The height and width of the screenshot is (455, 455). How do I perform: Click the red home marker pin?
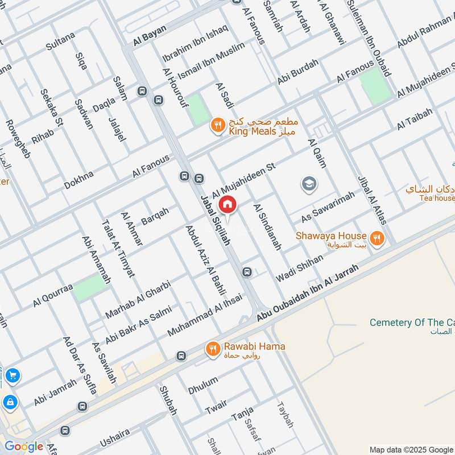(x=227, y=204)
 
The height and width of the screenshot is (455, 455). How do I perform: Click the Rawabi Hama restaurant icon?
(x=213, y=349)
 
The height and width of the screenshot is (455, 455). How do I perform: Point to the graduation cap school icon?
(x=309, y=184)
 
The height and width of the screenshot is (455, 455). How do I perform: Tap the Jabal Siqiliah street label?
(x=216, y=221)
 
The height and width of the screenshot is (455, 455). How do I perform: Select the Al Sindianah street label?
(x=267, y=227)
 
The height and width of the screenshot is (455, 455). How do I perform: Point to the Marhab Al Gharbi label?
(x=138, y=298)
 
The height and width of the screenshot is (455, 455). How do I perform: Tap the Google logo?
(x=24, y=446)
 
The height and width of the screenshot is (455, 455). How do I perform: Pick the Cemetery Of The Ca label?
(x=412, y=322)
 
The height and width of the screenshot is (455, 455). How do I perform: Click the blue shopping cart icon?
(x=12, y=376)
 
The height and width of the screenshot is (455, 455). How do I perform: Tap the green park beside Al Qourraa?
(x=90, y=287)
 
